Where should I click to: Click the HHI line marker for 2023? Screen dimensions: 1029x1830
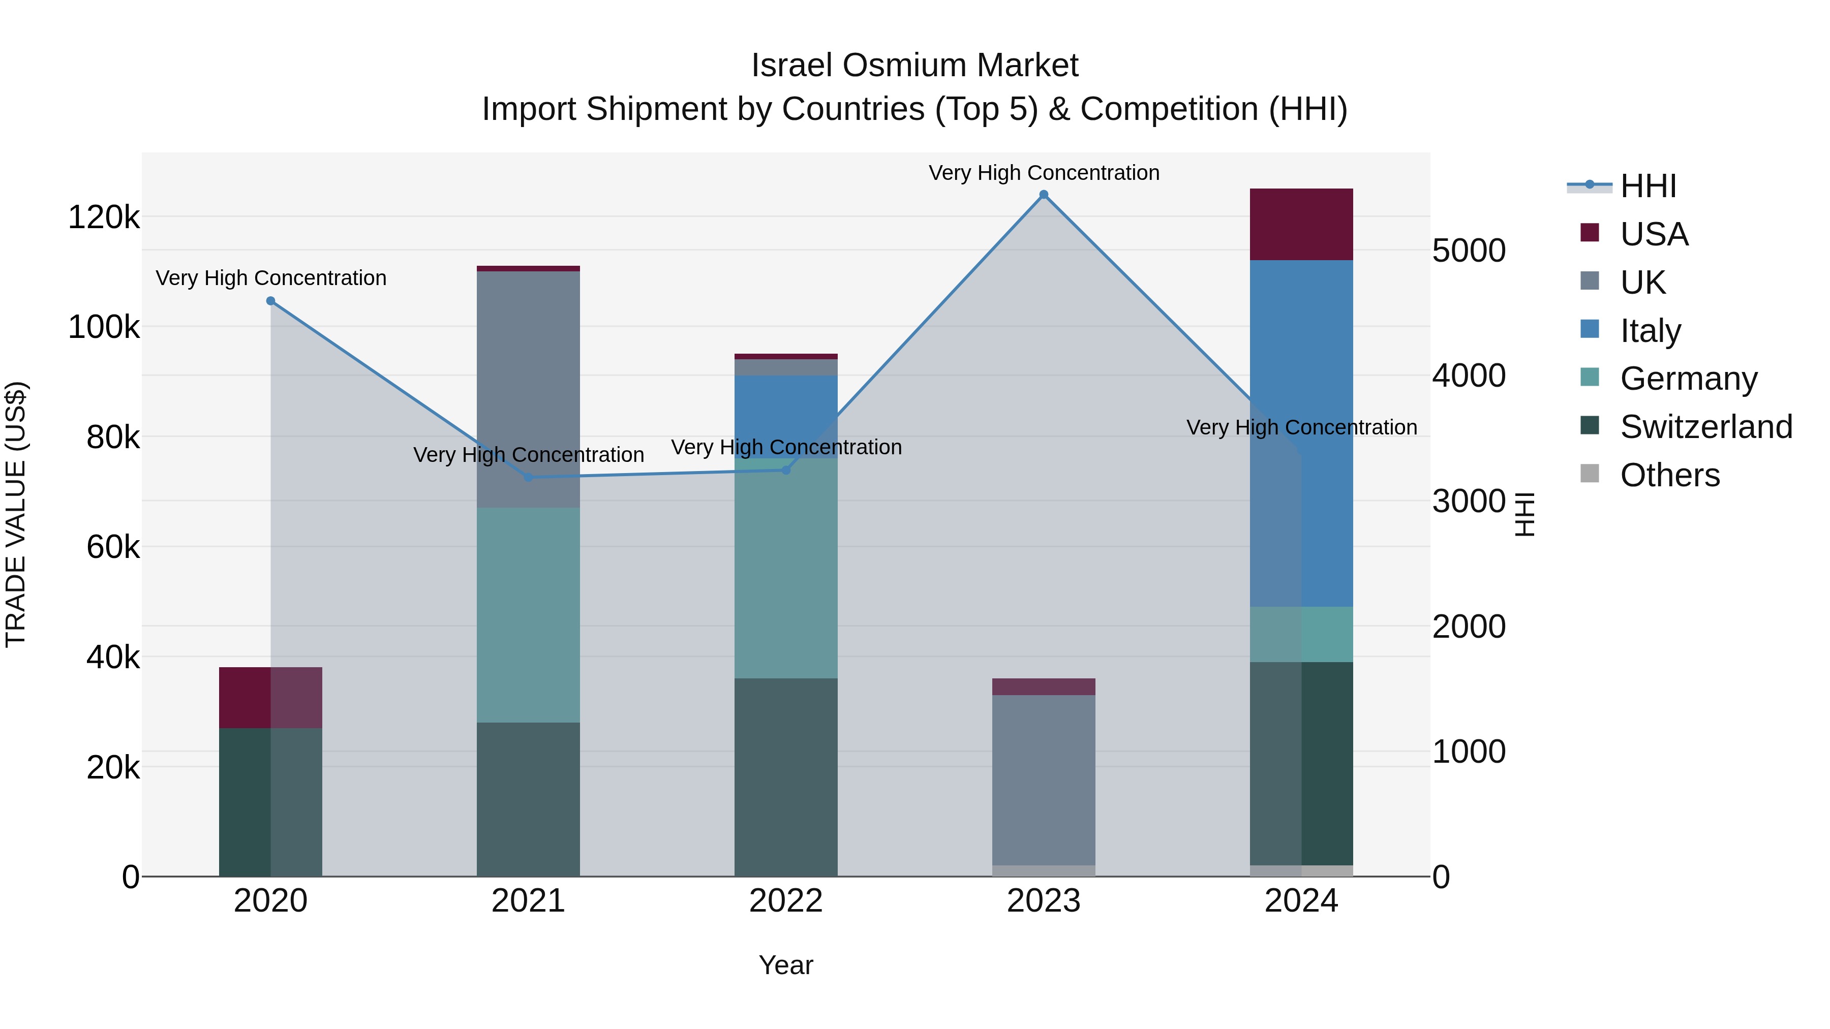point(1044,195)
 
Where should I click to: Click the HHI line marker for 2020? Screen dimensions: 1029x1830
point(270,301)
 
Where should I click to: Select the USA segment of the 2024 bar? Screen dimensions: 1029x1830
point(1301,225)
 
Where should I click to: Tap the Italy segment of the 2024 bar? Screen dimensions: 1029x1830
point(1301,433)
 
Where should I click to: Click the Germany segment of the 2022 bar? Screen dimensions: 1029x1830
point(786,568)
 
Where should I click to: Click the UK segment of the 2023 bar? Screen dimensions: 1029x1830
point(1044,779)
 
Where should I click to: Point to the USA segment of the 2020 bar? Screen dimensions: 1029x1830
point(270,697)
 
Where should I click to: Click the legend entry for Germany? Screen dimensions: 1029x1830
point(1688,379)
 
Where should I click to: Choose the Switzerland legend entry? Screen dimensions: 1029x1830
point(1705,427)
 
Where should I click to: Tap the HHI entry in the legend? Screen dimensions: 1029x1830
point(1648,186)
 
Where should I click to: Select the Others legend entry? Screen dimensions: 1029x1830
point(1669,475)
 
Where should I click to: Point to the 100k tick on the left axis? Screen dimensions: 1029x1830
point(104,327)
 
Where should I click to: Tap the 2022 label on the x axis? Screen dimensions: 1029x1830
point(786,901)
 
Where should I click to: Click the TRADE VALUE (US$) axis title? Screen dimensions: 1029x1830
point(16,514)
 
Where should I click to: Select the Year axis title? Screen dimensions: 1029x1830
point(786,965)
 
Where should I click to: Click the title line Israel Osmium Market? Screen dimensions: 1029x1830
point(914,66)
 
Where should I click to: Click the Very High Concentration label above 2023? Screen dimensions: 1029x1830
point(1044,173)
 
